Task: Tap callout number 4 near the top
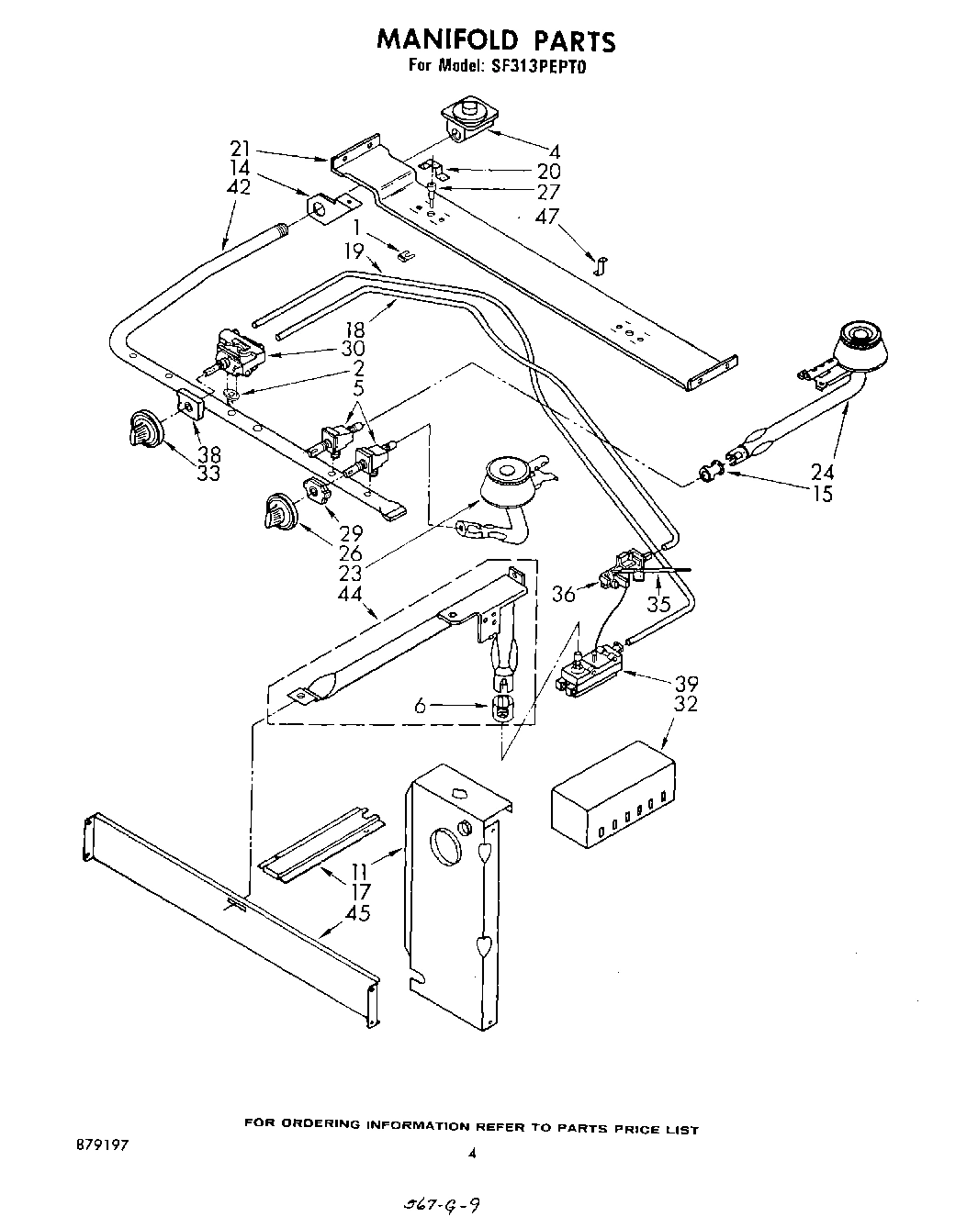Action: [x=554, y=151]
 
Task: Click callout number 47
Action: [x=548, y=218]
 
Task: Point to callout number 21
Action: [x=240, y=149]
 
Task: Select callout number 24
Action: [x=822, y=472]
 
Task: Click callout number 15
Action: [x=822, y=494]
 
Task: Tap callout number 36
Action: [x=563, y=595]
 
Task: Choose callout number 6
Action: [x=421, y=706]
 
